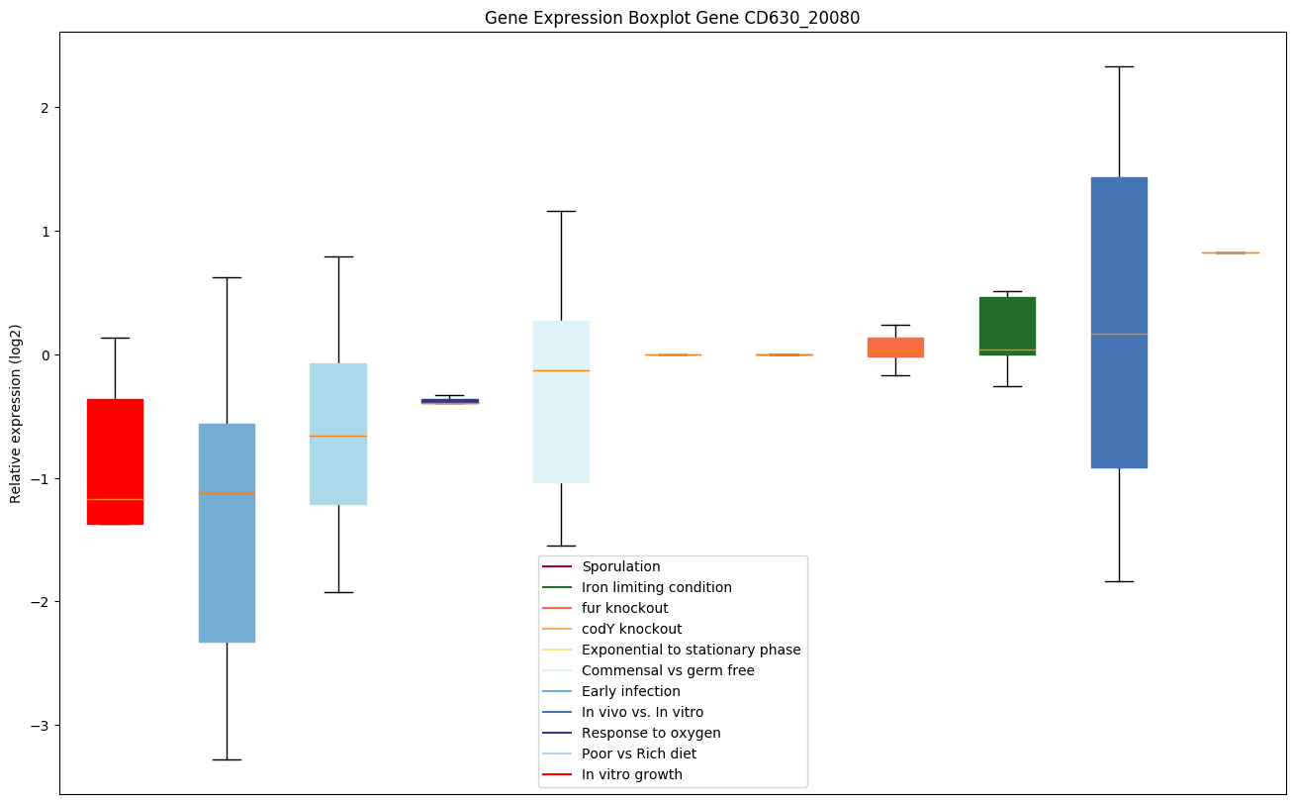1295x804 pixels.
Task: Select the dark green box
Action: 1007,327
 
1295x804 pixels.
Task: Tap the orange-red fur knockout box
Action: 895,347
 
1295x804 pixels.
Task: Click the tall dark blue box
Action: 1119,322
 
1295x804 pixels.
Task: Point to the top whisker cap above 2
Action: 1119,66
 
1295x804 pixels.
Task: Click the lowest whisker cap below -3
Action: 227,759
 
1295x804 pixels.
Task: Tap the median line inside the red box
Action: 115,499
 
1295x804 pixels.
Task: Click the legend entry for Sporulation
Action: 620,566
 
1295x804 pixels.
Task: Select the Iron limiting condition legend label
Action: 656,587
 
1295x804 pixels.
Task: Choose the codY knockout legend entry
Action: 631,629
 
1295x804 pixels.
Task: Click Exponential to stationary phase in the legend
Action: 691,650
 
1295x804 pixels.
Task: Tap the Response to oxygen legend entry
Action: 651,733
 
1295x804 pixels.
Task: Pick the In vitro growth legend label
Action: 631,774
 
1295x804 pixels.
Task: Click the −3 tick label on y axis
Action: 40,726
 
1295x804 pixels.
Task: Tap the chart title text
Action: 672,18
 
